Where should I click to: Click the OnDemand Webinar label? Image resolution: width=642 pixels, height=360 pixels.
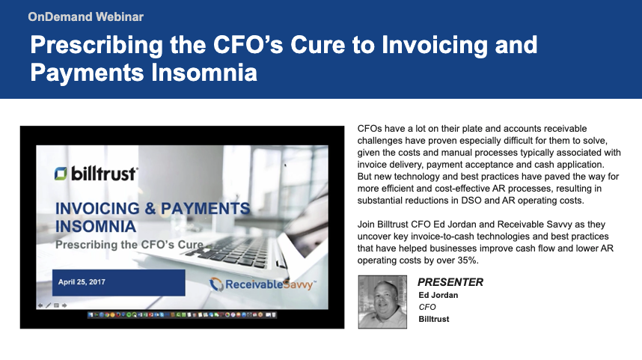[x=85, y=16]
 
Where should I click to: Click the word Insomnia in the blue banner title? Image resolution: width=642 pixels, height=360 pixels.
[x=204, y=73]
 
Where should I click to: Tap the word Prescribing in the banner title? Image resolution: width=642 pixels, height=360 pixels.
[x=97, y=46]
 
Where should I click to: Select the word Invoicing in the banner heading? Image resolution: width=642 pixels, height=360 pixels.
[x=435, y=46]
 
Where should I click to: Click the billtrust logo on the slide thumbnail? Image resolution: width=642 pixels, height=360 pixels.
[x=97, y=173]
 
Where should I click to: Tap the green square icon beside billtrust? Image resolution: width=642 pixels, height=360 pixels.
[x=61, y=173]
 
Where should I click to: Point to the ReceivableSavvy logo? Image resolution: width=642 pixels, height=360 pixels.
[x=263, y=284]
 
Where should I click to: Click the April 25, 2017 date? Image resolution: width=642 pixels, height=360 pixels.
[x=82, y=281]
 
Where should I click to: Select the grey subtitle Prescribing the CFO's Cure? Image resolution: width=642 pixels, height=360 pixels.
[x=129, y=245]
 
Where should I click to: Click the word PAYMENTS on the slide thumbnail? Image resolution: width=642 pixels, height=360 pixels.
[x=205, y=209]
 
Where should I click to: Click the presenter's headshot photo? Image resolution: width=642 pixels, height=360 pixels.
[x=382, y=302]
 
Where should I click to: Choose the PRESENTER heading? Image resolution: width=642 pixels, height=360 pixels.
[x=450, y=282]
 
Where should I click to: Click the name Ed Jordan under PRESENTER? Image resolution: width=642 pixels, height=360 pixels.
[x=438, y=295]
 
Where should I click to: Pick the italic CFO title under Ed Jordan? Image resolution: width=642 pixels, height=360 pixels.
[x=427, y=307]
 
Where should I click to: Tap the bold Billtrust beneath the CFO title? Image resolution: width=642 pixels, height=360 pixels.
[x=433, y=319]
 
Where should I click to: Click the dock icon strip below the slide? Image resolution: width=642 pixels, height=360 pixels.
[x=183, y=315]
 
